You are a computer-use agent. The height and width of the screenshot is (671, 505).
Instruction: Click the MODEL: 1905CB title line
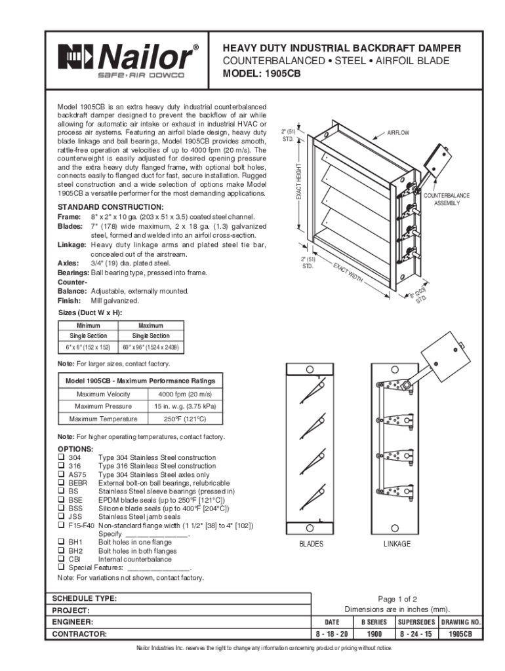click(262, 74)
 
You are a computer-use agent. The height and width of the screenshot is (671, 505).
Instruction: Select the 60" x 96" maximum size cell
click(151, 347)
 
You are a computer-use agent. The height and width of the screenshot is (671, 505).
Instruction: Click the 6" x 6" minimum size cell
click(87, 347)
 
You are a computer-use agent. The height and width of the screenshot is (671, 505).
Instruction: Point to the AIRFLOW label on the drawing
click(397, 133)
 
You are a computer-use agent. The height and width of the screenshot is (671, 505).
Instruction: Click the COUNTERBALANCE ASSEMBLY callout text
click(446, 199)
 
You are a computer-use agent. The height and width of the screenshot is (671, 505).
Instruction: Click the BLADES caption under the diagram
click(311, 545)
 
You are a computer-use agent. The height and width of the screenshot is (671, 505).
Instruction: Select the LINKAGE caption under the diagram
click(397, 545)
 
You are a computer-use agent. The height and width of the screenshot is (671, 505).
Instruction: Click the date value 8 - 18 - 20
click(332, 634)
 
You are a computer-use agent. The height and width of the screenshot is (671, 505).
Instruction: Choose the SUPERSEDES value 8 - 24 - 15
click(416, 634)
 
